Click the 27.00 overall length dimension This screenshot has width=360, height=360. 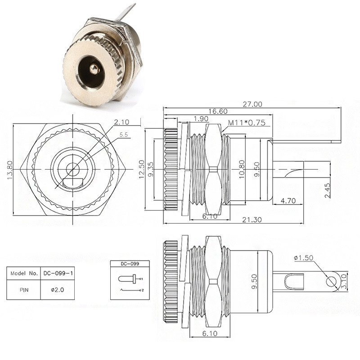[x=252, y=104]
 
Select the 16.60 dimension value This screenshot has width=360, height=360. [x=218, y=111]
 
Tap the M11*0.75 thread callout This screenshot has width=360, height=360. [x=247, y=122]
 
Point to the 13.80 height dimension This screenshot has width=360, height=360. [x=9, y=170]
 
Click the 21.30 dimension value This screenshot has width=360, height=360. [x=252, y=220]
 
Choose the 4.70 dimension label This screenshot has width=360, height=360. [x=288, y=201]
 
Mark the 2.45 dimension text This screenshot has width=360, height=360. [x=328, y=190]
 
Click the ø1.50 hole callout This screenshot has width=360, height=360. [x=303, y=258]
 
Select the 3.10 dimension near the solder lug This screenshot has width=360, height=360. [x=344, y=282]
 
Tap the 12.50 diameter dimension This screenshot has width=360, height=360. [x=142, y=169]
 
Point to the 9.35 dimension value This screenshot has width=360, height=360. [x=151, y=170]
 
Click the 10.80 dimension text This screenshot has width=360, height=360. [x=242, y=169]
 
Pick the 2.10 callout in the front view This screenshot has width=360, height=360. [x=121, y=122]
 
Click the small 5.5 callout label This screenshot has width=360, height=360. [x=123, y=135]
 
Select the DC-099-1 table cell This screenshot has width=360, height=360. [x=58, y=273]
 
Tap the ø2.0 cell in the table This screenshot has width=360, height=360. [x=58, y=290]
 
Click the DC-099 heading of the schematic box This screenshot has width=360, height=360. [x=130, y=264]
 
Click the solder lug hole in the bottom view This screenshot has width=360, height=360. [x=331, y=282]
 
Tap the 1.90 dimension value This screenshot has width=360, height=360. [x=201, y=119]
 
